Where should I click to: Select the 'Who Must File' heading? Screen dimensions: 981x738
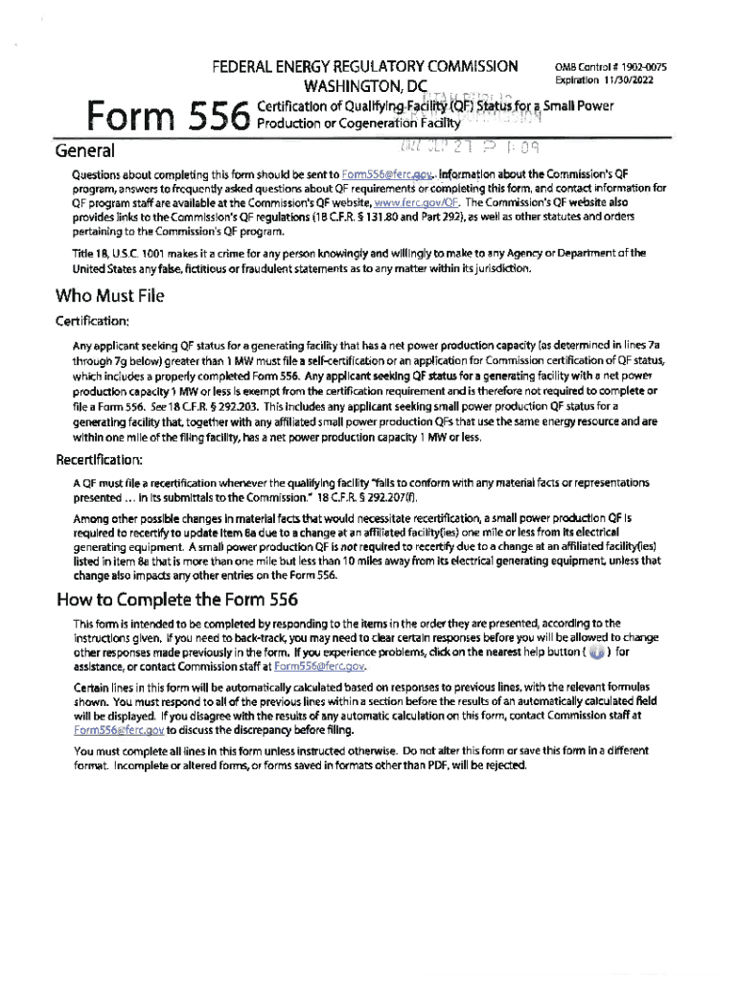pyautogui.click(x=110, y=295)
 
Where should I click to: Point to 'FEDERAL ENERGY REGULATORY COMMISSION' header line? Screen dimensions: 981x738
pyautogui.click(x=365, y=67)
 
